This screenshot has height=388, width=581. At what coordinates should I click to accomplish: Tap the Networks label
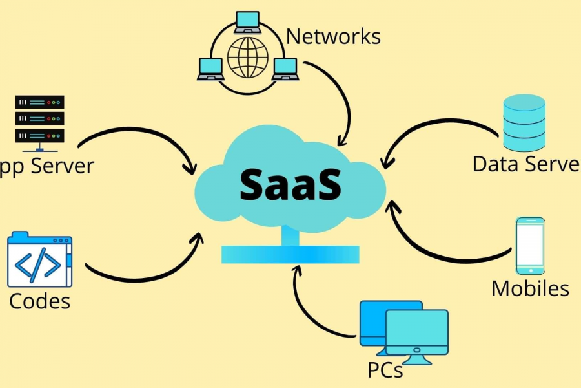(x=333, y=36)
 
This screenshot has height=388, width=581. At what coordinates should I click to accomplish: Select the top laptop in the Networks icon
(x=247, y=21)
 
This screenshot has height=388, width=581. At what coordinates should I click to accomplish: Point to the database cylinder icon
(x=524, y=123)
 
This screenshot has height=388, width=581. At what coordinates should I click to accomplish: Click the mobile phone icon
(x=530, y=246)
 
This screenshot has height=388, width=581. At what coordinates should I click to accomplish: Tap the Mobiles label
(x=530, y=288)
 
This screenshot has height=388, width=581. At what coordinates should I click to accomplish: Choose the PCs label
(x=385, y=370)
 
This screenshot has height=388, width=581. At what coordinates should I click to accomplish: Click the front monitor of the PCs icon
(x=417, y=334)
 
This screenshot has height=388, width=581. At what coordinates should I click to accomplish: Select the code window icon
(x=39, y=259)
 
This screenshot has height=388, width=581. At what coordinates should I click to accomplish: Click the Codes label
(x=39, y=301)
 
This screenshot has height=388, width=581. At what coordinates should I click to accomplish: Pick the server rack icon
(x=39, y=119)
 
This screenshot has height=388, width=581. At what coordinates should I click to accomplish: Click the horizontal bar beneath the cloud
(x=290, y=254)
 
